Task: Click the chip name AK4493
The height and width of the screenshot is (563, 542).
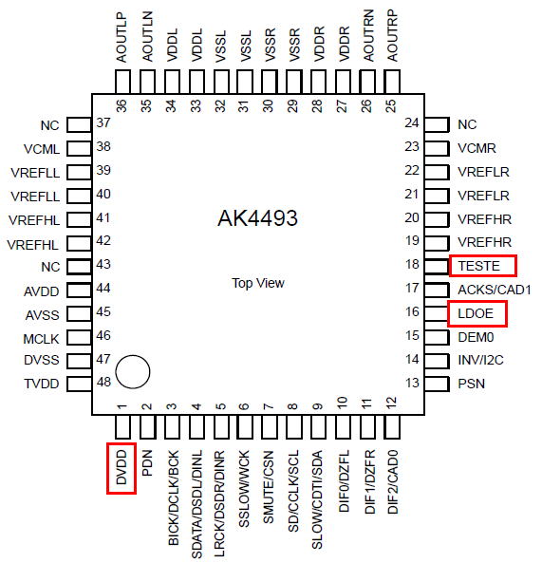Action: [x=258, y=218]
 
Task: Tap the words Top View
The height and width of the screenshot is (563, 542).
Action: [x=258, y=283]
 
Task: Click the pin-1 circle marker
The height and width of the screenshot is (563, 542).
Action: [x=133, y=372]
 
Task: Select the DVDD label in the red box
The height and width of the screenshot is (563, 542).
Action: [x=121, y=468]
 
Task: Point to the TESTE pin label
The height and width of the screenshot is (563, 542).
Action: [x=478, y=266]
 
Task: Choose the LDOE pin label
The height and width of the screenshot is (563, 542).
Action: [x=476, y=313]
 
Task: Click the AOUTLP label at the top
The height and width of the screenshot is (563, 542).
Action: [x=122, y=37]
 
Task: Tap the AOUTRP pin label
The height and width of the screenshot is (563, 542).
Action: [x=392, y=35]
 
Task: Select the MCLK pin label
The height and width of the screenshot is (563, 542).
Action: [x=41, y=339]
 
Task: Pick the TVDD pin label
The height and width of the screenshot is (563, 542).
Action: [x=42, y=384]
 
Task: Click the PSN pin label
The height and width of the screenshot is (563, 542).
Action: [x=472, y=384]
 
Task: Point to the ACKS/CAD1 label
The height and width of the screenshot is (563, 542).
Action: [x=495, y=290]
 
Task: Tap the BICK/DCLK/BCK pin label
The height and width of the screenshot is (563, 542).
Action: [x=174, y=497]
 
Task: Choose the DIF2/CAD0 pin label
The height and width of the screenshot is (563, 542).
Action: [x=393, y=482]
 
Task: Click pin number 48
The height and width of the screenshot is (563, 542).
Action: [x=103, y=382]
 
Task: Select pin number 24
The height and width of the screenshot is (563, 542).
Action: [x=412, y=122]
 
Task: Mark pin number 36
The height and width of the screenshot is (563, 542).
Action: [x=121, y=106]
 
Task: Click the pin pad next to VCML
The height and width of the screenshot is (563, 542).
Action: [x=79, y=148]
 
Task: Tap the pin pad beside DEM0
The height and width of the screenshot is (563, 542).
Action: [x=437, y=337]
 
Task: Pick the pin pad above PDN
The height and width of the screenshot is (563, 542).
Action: [x=147, y=427]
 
